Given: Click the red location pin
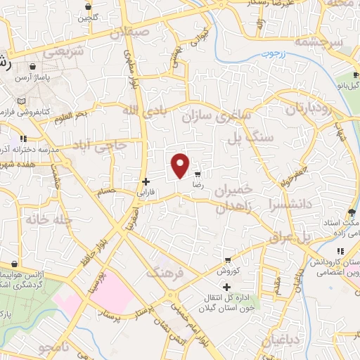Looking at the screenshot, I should [181, 165].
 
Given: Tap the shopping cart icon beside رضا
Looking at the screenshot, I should [198, 173].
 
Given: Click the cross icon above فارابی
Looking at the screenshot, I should [146, 181].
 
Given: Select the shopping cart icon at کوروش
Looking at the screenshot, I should [227, 259].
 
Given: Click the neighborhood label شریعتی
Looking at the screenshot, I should [63, 52].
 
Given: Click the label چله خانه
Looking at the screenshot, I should [49, 219].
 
